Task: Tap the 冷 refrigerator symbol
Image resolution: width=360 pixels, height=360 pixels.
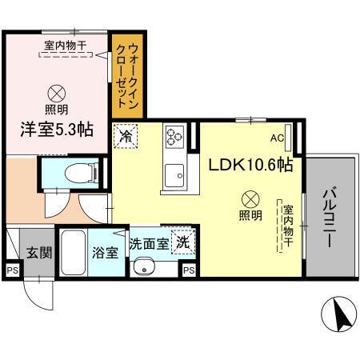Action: [125, 137]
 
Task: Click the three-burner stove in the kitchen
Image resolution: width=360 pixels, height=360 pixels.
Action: [175, 136]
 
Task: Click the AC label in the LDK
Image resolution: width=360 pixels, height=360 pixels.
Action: [277, 138]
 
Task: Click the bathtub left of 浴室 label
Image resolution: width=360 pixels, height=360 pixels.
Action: [74, 253]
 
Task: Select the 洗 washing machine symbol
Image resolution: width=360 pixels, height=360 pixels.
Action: [183, 241]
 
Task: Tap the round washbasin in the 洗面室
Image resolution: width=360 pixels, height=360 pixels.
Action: [144, 266]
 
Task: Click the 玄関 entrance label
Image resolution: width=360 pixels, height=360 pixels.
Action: [38, 254]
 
